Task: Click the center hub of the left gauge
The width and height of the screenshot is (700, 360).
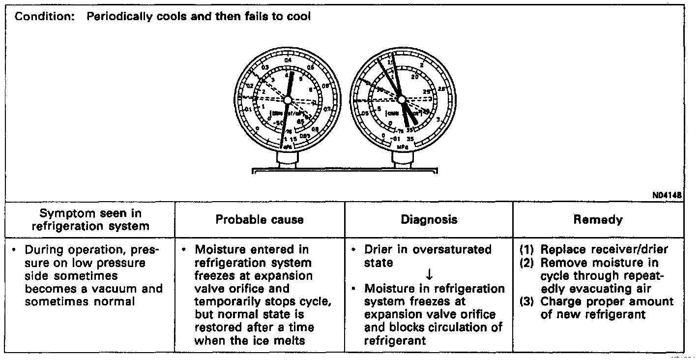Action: pos(288,100)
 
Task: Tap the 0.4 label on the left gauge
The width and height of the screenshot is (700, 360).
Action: pos(288,59)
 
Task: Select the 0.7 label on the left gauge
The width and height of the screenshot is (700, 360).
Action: pos(327,109)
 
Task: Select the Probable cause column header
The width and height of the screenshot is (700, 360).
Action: pos(260,220)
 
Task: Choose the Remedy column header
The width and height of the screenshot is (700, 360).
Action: pos(598,220)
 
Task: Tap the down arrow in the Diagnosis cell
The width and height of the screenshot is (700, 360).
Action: pos(429,275)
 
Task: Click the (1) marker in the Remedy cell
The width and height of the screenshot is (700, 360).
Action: pos(527,249)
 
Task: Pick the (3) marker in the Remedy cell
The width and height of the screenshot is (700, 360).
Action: pos(527,301)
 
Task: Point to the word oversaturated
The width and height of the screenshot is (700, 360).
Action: pos(452,249)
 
